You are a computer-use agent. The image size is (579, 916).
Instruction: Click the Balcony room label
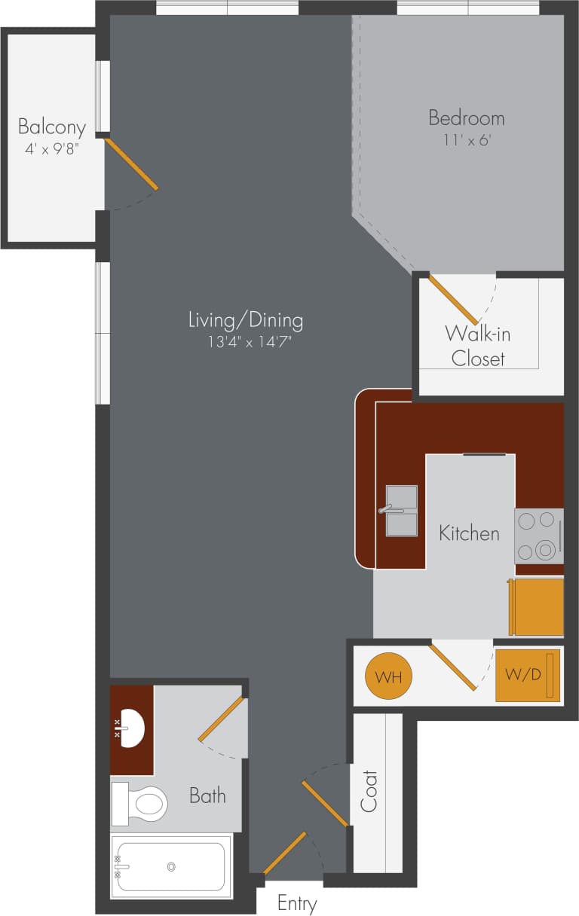(x=52, y=127)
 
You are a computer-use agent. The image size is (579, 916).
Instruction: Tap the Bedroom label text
(x=466, y=118)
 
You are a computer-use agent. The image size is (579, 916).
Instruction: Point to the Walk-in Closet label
(x=478, y=345)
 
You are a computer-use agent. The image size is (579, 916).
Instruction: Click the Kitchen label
(x=469, y=533)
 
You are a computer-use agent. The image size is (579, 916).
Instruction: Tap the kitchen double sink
(x=401, y=511)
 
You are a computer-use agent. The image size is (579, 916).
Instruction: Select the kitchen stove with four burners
(x=538, y=536)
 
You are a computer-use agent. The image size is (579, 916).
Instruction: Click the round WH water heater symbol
(x=388, y=676)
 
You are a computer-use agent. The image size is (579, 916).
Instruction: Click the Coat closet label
(x=369, y=791)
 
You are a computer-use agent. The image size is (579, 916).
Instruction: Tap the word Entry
(x=297, y=903)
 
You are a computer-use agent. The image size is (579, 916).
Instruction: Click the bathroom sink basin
(x=133, y=729)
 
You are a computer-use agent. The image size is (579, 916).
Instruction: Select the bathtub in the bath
(x=171, y=867)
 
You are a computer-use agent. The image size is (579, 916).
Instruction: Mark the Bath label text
(x=207, y=795)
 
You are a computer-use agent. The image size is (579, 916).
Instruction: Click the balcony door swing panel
(x=132, y=163)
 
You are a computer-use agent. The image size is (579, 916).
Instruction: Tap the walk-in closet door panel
(x=453, y=300)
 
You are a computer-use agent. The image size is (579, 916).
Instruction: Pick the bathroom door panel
(x=222, y=719)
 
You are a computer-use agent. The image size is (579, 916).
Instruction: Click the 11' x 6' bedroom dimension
(x=466, y=140)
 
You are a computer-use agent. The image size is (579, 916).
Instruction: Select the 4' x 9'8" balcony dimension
(x=52, y=149)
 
